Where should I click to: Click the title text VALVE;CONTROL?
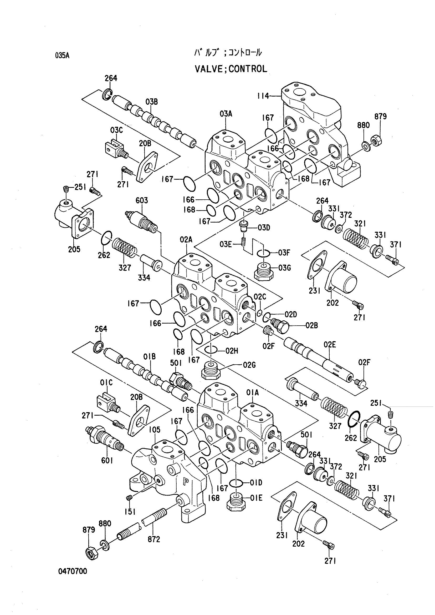pos(231,69)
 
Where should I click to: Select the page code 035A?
pos(62,56)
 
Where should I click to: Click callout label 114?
pos(263,96)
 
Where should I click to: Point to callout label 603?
pos(142,200)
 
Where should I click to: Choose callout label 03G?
pos(284,268)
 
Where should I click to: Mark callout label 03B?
pos(152,102)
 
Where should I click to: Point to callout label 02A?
pos(186,240)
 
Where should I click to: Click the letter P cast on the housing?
pos(185,482)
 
